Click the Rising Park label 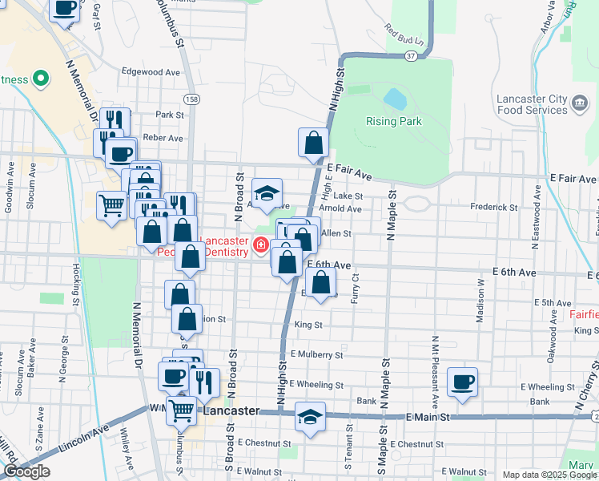point(393,122)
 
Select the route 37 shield point(411,56)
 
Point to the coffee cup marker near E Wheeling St point(462,382)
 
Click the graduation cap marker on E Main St point(310,417)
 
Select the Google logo point(26,471)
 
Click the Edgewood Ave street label point(151,71)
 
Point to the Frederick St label point(494,207)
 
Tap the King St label point(308,325)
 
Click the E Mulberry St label point(316,354)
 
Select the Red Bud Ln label point(403,35)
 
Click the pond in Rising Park point(395,99)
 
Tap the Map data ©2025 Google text point(549,475)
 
